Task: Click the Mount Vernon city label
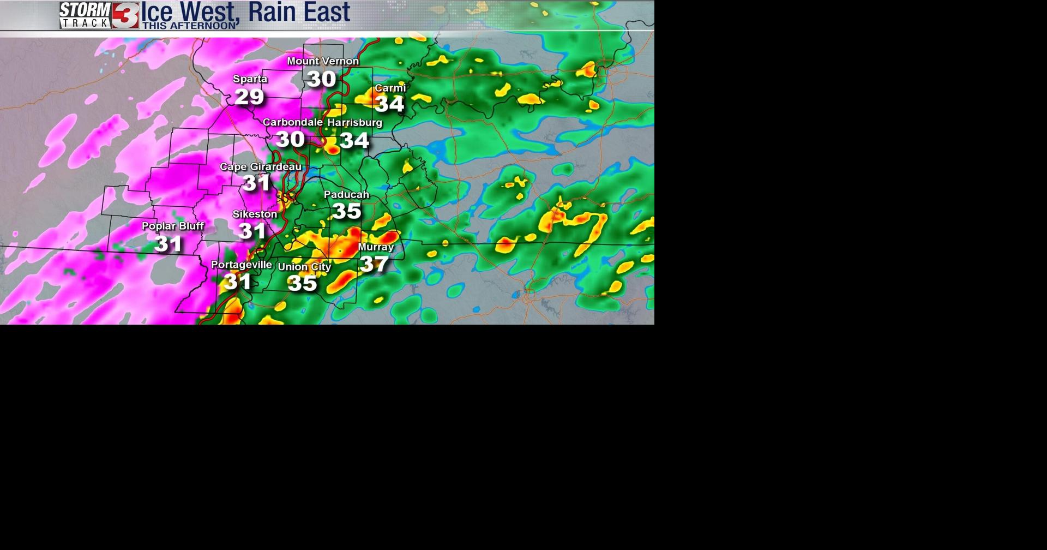tap(322, 61)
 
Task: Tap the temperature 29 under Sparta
tap(249, 97)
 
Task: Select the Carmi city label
tap(390, 88)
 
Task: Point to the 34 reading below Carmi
tap(389, 104)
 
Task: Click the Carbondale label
tap(292, 122)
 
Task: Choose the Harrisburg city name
tap(354, 123)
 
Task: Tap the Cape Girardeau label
tap(260, 166)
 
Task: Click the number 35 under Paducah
tap(347, 211)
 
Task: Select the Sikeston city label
tap(255, 214)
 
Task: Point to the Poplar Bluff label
tap(172, 226)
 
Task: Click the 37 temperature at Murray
tap(374, 264)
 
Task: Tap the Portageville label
tap(241, 265)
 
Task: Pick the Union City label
tap(304, 267)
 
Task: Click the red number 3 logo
tap(125, 15)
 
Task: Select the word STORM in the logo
tap(85, 10)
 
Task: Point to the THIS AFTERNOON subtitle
tap(189, 26)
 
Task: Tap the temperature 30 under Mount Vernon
tap(321, 79)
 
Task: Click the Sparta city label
tap(250, 79)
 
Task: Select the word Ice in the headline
tap(157, 12)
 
